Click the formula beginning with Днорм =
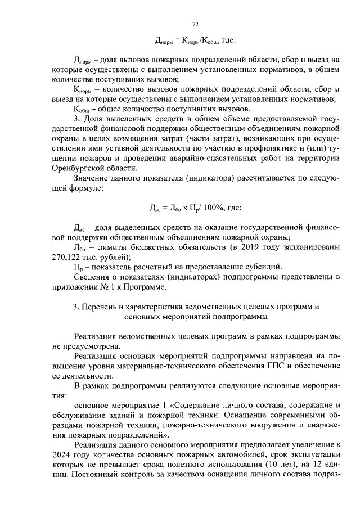pyautogui.click(x=195, y=41)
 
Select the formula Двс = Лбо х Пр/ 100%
pyautogui.click(x=195, y=208)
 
